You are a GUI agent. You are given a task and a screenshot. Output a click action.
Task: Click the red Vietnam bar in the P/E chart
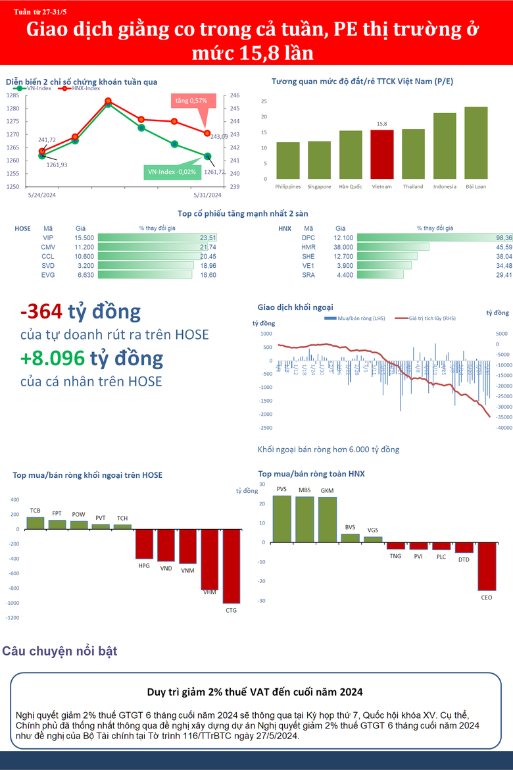coord(382,154)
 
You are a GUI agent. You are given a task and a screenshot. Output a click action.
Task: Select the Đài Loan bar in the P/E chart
coord(476,143)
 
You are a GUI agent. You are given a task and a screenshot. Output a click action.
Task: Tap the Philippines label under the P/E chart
coord(288,186)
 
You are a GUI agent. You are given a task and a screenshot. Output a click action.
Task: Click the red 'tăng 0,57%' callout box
coord(191,101)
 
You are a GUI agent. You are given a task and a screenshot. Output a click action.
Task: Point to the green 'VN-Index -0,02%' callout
coord(172,171)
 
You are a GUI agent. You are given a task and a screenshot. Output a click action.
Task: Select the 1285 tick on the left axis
coord(13,95)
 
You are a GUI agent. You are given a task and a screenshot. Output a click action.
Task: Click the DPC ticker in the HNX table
coord(308,238)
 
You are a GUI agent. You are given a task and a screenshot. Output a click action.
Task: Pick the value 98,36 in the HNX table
coord(504,238)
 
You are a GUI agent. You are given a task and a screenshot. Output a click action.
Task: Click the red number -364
coord(41,311)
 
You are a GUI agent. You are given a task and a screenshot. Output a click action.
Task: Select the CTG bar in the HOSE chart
coord(231,566)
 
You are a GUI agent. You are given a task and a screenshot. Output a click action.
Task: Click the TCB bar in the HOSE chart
coord(35,523)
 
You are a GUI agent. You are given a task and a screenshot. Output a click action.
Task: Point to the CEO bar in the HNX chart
coord(486,566)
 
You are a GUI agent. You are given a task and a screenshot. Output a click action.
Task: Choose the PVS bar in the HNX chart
coord(281,519)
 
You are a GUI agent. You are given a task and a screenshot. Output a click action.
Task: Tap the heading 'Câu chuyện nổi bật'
coord(60,652)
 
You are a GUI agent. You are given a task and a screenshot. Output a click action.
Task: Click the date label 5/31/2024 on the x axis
coord(207,195)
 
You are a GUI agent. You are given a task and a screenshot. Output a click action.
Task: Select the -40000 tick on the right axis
coord(503,428)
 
